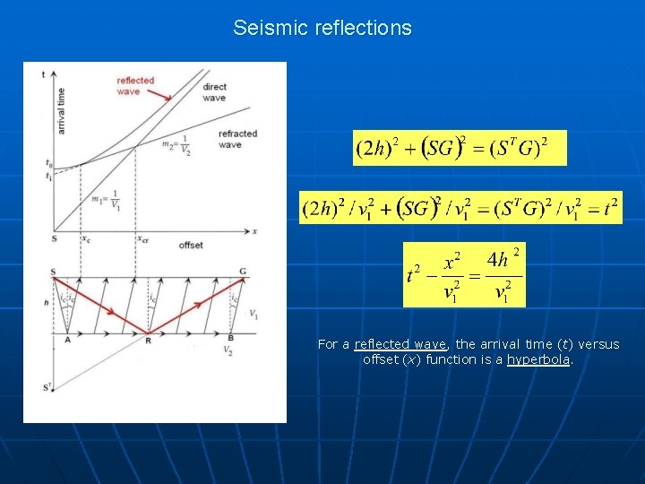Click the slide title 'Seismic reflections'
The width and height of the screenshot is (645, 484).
322,28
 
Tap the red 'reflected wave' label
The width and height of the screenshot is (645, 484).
135,86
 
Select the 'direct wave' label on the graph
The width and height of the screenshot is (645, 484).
215,92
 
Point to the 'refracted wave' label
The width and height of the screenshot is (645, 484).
236,139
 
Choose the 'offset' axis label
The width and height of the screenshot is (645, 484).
191,245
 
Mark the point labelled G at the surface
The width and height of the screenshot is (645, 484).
243,272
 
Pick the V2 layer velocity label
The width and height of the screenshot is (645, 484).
228,350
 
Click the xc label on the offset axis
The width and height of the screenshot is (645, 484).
86,239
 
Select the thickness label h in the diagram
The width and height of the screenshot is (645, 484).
46,303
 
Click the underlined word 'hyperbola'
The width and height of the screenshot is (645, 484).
538,359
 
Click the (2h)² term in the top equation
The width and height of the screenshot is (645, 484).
378,149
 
